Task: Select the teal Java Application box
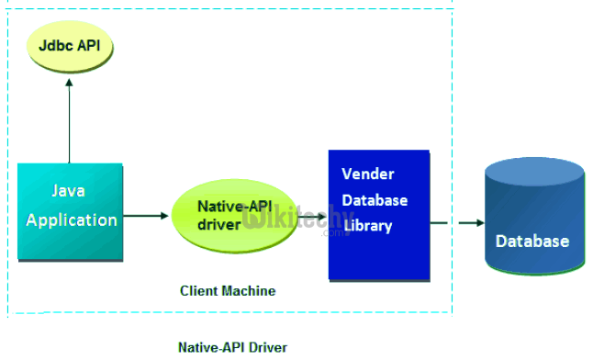coord(71,211)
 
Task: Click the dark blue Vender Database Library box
coord(379,214)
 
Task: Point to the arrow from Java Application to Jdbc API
coord(69,119)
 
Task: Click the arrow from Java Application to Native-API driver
coord(147,216)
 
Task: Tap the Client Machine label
coord(228,291)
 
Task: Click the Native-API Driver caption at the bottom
coord(232,347)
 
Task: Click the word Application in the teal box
coord(72,220)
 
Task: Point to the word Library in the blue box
coord(366,226)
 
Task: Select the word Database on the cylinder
coord(532,242)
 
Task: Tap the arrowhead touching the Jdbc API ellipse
coord(69,80)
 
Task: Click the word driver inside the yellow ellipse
coord(219,224)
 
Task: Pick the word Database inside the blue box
coord(375,200)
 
